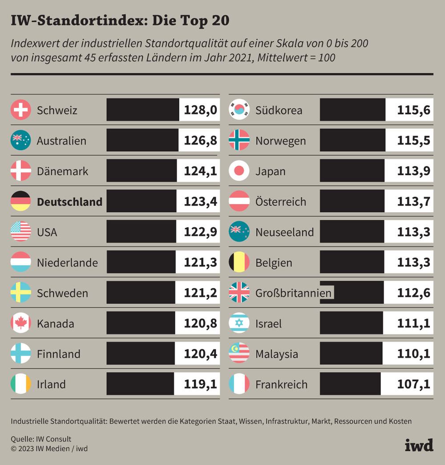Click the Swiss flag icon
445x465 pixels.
coord(20,110)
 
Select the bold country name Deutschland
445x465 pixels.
coord(69,202)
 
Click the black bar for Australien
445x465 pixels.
coord(142,141)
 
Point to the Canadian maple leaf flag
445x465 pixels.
coord(20,323)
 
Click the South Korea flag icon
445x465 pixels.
coord(239,110)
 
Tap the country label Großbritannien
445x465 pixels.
coord(293,293)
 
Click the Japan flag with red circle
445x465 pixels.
coord(239,171)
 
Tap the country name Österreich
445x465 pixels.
coord(281,202)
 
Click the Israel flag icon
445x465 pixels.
coord(239,323)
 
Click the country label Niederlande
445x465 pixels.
coord(67,263)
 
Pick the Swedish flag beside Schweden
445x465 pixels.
coord(20,293)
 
